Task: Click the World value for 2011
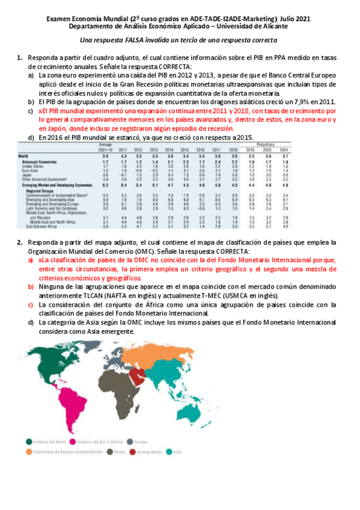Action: click(x=123, y=156)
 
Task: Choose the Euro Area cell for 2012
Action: click(x=138, y=171)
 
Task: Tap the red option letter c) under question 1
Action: click(x=31, y=111)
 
